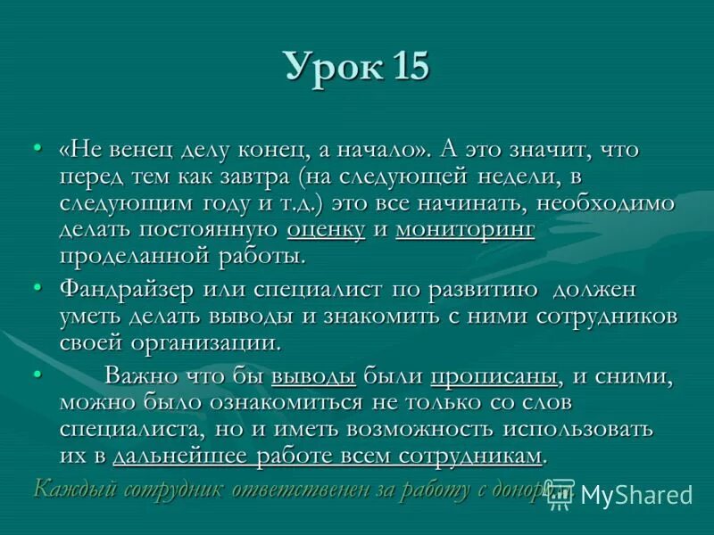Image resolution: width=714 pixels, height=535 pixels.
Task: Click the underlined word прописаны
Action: click(x=495, y=375)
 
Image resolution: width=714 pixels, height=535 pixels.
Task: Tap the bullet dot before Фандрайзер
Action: click(x=37, y=288)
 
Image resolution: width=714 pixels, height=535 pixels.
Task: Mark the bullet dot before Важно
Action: click(x=37, y=374)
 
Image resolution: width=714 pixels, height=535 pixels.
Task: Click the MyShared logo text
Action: click(x=637, y=496)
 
